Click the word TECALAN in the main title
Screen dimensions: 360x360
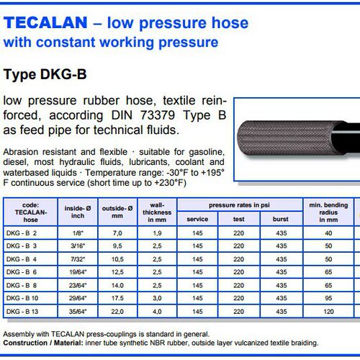(x=45, y=22)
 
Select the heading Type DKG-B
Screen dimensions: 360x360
(x=45, y=74)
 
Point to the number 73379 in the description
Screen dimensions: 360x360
(x=158, y=115)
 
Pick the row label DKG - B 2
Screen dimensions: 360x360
(x=22, y=233)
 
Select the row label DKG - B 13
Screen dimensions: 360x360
(x=22, y=312)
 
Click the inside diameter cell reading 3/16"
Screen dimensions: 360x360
(x=78, y=246)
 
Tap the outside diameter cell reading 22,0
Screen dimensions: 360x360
(x=117, y=312)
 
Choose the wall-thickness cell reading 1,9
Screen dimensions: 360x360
(x=157, y=233)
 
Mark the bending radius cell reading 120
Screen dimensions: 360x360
(x=328, y=312)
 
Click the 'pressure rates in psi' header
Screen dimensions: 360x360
(x=239, y=205)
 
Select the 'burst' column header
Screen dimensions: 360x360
(x=281, y=219)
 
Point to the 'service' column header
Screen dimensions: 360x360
(x=197, y=219)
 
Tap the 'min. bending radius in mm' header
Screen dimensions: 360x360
(x=328, y=212)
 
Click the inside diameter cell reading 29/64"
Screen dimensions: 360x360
(x=78, y=298)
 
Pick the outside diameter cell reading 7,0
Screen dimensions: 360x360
(x=117, y=233)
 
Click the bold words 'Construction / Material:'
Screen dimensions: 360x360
(x=43, y=343)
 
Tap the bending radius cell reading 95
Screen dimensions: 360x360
(x=328, y=298)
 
